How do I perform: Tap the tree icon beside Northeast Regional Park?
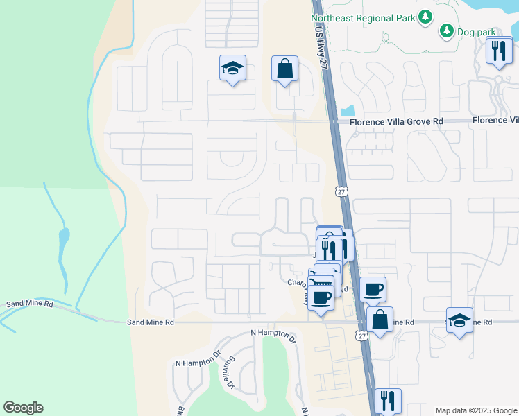425,17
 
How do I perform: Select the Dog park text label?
477,32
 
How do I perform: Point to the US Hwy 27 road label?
319,46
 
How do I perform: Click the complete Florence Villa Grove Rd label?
396,121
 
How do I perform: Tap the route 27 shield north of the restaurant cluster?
340,190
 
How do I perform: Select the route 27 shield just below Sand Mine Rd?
361,336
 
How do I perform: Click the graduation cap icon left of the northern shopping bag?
232,69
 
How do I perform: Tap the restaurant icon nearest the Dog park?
499,51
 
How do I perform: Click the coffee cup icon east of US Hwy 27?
373,289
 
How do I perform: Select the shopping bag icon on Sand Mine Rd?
380,320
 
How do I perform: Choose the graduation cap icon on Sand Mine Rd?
459,320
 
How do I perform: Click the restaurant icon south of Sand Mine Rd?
388,401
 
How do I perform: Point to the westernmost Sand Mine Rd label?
29,304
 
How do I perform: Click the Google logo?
23,408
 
